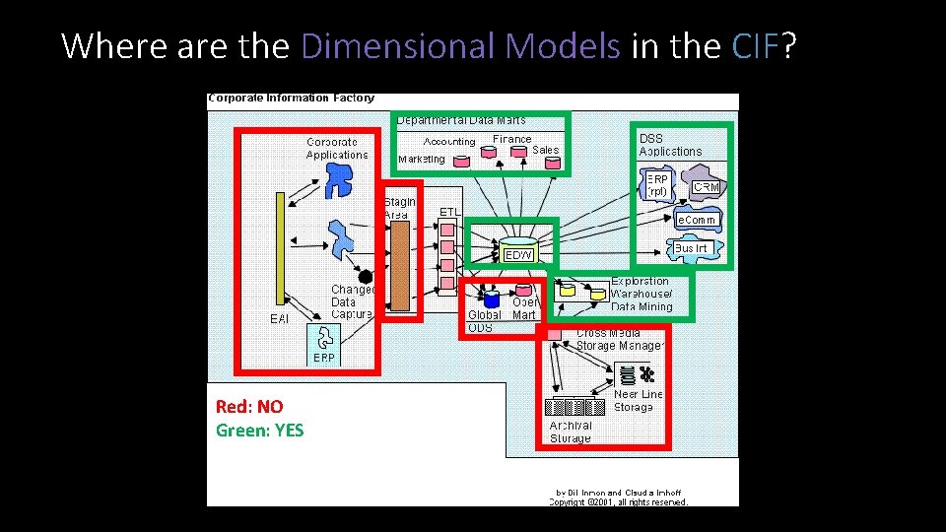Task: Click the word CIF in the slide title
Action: point(757,45)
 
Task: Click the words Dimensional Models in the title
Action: point(461,45)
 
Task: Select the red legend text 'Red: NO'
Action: point(249,406)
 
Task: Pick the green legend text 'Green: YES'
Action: point(260,430)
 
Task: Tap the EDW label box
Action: point(518,255)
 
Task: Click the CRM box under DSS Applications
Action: point(706,187)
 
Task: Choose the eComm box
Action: point(696,220)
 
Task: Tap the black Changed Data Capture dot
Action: point(366,277)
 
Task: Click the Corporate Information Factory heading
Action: point(292,99)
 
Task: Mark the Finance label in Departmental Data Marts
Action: point(511,140)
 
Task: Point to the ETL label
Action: point(449,212)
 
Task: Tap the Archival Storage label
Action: point(570,432)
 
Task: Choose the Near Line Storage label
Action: point(638,400)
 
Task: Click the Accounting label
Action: point(448,142)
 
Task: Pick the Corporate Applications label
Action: point(337,149)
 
